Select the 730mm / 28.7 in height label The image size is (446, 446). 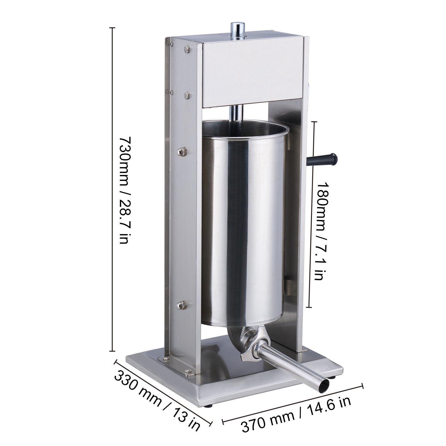(x=123, y=190)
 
